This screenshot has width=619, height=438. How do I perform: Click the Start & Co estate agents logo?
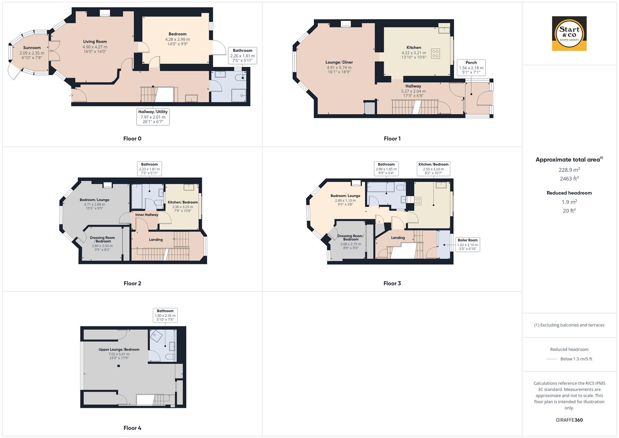pyautogui.click(x=569, y=33)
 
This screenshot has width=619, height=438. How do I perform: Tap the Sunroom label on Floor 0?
pyautogui.click(x=32, y=48)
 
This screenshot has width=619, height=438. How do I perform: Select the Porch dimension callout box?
pyautogui.click(x=471, y=68)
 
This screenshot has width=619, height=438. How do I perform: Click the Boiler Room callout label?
pyautogui.click(x=467, y=245)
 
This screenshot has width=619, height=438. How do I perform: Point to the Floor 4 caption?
pyautogui.click(x=132, y=428)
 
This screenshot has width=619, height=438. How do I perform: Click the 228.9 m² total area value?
pyautogui.click(x=569, y=170)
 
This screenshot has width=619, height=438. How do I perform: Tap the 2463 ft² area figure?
pyautogui.click(x=569, y=178)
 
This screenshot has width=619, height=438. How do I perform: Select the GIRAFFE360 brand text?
pyautogui.click(x=569, y=420)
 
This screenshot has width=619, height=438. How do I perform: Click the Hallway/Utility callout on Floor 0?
pyautogui.click(x=153, y=117)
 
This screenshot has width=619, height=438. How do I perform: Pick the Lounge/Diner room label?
pyautogui.click(x=339, y=62)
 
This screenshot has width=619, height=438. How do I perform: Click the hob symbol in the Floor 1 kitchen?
pyautogui.click(x=435, y=54)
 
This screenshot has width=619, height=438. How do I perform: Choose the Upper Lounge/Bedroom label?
pyautogui.click(x=119, y=350)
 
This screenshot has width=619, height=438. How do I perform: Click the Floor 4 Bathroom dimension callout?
pyautogui.click(x=165, y=316)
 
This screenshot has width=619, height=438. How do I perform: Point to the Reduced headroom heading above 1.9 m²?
pyautogui.click(x=569, y=193)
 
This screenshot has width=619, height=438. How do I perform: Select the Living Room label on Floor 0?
pyautogui.click(x=95, y=42)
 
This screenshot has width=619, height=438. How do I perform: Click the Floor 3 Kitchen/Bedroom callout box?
pyautogui.click(x=433, y=169)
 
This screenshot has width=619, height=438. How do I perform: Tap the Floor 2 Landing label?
pyautogui.click(x=156, y=240)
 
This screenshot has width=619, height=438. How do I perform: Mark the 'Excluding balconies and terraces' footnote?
pyautogui.click(x=569, y=325)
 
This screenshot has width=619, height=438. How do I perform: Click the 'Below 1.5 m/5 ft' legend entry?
pyautogui.click(x=576, y=359)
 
